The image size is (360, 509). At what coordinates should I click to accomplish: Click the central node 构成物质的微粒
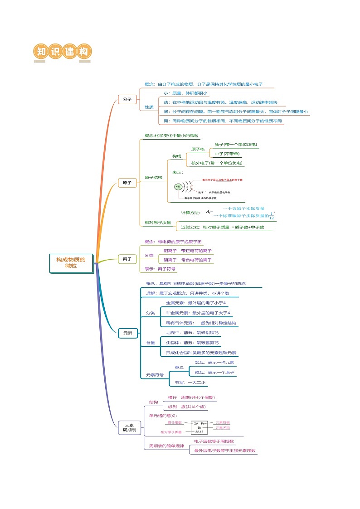tap(71, 263)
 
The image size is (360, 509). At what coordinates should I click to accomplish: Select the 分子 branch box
tap(127, 99)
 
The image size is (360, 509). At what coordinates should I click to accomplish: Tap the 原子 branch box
tap(127, 183)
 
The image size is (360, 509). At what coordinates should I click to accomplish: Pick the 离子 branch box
tap(127, 259)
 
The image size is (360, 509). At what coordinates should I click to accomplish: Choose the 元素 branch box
tap(127, 333)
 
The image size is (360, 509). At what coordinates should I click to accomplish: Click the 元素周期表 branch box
tap(129, 427)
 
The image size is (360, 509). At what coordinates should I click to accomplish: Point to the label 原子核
tap(198, 149)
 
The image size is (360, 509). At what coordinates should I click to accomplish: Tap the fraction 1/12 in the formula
tap(272, 215)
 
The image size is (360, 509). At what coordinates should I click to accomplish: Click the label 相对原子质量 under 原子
tap(158, 223)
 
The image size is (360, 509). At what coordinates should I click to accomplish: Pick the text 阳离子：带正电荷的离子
tap(187, 251)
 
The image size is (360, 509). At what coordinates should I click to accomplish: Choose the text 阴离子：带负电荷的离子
tap(187, 260)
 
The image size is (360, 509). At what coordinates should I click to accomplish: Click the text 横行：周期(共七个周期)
tap(191, 398)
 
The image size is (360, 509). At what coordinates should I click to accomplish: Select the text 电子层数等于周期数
tap(214, 441)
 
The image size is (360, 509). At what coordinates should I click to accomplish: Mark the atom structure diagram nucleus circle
tap(178, 186)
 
